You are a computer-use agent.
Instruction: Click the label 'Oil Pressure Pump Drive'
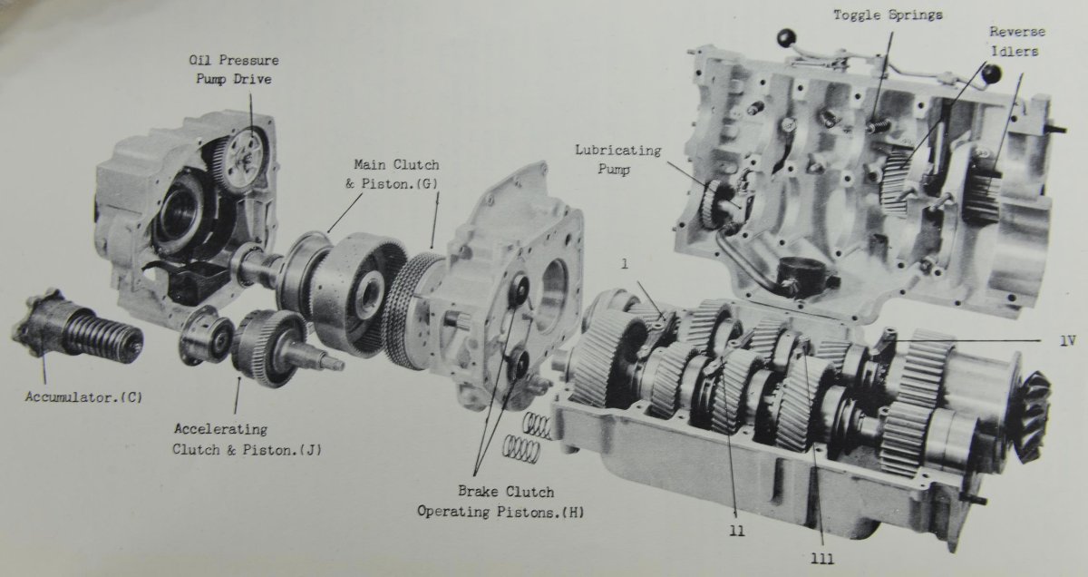235,70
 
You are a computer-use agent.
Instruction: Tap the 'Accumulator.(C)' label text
84,397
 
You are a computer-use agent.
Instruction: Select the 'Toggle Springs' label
889,15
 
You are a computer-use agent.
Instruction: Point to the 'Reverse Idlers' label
1017,42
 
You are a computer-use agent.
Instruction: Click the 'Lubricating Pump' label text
617,160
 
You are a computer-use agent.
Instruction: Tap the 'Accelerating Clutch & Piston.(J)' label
248,439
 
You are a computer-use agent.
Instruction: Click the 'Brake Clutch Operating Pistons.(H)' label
500,502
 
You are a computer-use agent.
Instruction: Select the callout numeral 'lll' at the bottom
821,559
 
